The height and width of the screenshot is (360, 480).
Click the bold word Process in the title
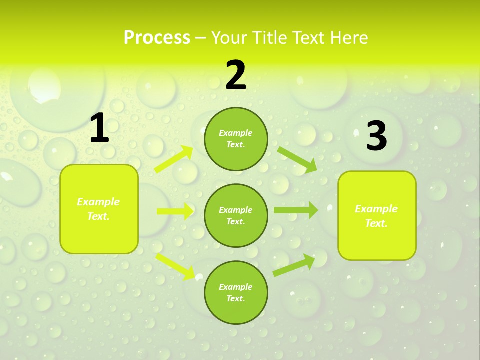click(157, 38)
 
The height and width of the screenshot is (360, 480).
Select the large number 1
click(99, 128)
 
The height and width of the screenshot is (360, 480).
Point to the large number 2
click(236, 75)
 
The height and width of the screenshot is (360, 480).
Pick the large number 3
click(377, 136)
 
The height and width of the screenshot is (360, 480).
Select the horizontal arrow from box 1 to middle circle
click(175, 211)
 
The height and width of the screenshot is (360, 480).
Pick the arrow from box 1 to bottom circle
click(175, 266)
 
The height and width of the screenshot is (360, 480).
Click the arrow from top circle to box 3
click(297, 159)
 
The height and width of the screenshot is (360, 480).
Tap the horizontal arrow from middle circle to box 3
click(295, 210)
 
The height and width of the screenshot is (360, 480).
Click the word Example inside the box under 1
click(98, 202)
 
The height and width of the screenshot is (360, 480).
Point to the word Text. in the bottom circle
click(235, 298)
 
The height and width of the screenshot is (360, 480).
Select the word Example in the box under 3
click(376, 209)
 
